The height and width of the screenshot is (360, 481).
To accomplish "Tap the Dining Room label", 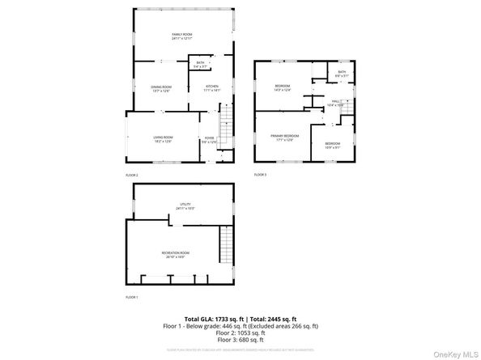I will pyautogui.click(x=161, y=88).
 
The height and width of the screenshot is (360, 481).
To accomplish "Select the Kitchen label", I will pyautogui.click(x=212, y=87).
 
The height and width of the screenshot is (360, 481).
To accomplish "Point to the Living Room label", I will pyautogui.click(x=164, y=139).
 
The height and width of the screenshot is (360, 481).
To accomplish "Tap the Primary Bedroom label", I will pyautogui.click(x=285, y=138).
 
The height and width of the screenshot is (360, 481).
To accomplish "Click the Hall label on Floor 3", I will pyautogui.click(x=334, y=104).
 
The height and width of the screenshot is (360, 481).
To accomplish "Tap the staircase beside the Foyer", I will pyautogui.click(x=227, y=126).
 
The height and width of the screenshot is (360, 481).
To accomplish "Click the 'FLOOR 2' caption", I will pyautogui.click(x=132, y=175).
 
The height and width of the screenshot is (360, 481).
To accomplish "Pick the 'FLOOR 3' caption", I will pyautogui.click(x=260, y=175).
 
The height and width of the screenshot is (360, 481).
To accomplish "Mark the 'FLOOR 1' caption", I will pyautogui.click(x=132, y=298).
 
